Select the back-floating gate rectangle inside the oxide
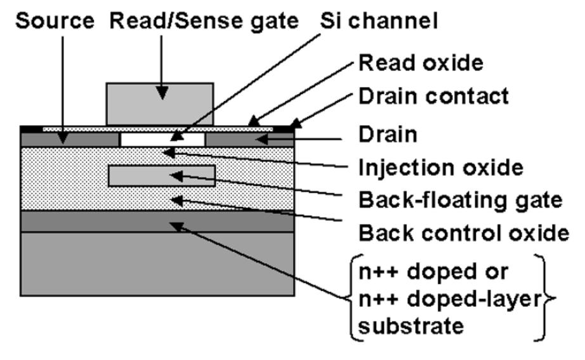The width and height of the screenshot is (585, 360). coord(162,176)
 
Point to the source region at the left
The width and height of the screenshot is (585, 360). coord(70,138)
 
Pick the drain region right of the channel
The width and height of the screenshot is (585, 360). coord(251,138)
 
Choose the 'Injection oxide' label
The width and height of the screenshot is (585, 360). coord(440,168)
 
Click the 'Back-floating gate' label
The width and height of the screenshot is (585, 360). coord(460,200)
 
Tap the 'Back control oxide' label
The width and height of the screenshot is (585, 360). coord(463,233)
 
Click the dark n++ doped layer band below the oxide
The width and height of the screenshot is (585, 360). coord(159,222)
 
